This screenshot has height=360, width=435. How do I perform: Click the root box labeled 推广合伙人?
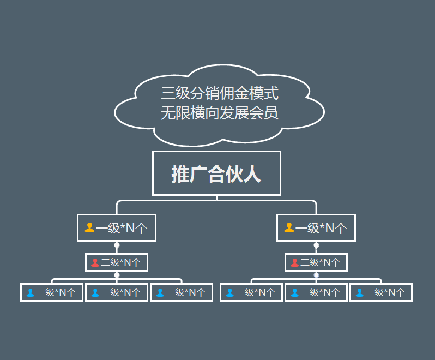point(216,173)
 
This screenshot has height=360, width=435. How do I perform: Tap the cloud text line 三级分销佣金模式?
point(220,93)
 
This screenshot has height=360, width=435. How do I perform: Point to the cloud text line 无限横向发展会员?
point(220,113)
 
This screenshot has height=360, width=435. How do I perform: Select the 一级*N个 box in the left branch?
point(117,227)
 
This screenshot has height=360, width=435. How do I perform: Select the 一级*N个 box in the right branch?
point(316,227)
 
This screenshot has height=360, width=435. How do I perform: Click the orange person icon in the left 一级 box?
point(90,227)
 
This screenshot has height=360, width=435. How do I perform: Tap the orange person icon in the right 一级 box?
point(289,227)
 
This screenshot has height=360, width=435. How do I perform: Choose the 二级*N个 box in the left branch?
point(117,262)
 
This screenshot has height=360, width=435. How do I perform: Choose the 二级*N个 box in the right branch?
point(316,262)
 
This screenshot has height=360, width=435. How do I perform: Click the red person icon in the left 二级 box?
point(95,262)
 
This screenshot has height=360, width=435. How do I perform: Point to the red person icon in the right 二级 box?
point(294,262)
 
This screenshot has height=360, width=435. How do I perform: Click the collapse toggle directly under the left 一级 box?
point(117,245)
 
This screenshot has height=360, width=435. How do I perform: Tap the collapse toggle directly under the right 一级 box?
point(316,245)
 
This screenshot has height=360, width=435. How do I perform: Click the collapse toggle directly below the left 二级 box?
point(117,275)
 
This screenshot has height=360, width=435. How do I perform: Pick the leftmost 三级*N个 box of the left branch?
point(52,292)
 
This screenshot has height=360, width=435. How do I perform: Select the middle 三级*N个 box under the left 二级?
point(117,292)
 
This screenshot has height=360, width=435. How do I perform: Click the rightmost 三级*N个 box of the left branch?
point(182,292)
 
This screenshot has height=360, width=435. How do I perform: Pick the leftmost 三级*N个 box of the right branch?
point(251,292)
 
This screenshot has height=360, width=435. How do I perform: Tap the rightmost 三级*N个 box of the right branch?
point(381,292)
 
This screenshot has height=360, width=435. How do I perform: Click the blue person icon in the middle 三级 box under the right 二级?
point(294,292)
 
